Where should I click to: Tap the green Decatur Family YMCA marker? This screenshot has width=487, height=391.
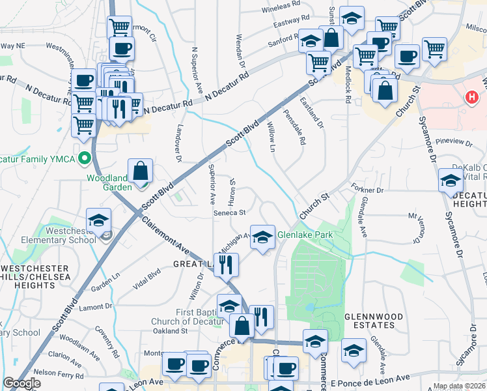point(84,158)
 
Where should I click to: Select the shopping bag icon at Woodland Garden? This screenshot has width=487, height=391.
point(141,172)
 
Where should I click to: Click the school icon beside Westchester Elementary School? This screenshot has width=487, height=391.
point(98,221)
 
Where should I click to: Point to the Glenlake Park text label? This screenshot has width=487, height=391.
point(305,235)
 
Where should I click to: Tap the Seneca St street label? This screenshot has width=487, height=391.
point(230,212)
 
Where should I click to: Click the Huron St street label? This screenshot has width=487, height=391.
point(232,191)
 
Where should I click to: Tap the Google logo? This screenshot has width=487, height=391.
point(21,383)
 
